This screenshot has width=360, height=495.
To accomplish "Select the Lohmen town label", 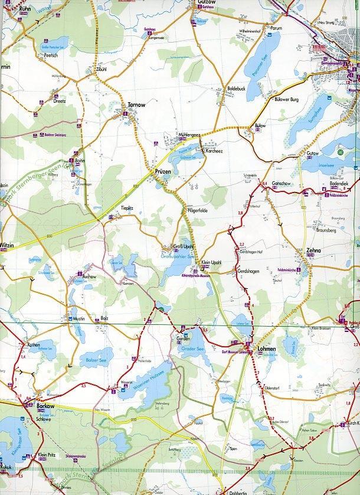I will pos(266,349).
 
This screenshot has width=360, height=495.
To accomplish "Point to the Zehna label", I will pos(314,250).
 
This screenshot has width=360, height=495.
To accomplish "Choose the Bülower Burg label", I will pos(287,100).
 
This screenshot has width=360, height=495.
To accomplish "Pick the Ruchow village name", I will pos(89,276).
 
